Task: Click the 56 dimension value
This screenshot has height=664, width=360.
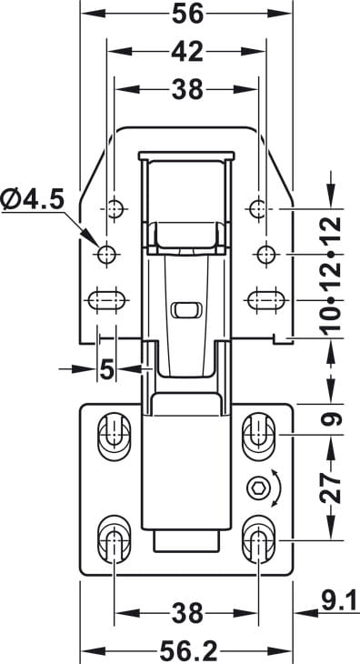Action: coord(187,14)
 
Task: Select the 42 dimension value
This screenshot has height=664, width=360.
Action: coord(187,52)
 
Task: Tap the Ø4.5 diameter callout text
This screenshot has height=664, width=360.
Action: coord(33,199)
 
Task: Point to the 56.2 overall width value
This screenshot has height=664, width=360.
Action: coord(188,651)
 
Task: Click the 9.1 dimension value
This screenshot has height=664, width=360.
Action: coord(339,602)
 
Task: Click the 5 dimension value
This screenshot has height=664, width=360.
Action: coord(107,370)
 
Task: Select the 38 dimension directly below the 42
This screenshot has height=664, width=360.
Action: coord(187,90)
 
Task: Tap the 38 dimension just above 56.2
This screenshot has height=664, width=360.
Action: coord(188,613)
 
